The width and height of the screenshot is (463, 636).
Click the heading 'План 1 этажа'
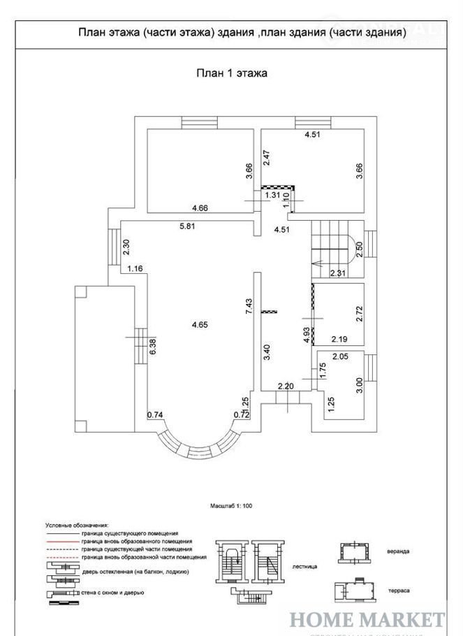[x=230, y=72]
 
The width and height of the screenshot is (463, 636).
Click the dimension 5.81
[x=188, y=226]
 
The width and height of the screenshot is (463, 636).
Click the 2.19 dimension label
[x=340, y=340]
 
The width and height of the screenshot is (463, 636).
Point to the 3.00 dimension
[x=360, y=386]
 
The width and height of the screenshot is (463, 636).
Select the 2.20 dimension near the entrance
[x=286, y=386]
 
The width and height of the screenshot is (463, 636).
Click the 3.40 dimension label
[x=267, y=351]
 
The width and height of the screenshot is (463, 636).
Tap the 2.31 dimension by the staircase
[x=339, y=273]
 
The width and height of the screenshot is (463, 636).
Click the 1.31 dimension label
[x=273, y=196]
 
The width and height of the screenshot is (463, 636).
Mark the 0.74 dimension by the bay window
[x=154, y=415]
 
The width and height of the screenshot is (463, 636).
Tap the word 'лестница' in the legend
[x=304, y=568]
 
